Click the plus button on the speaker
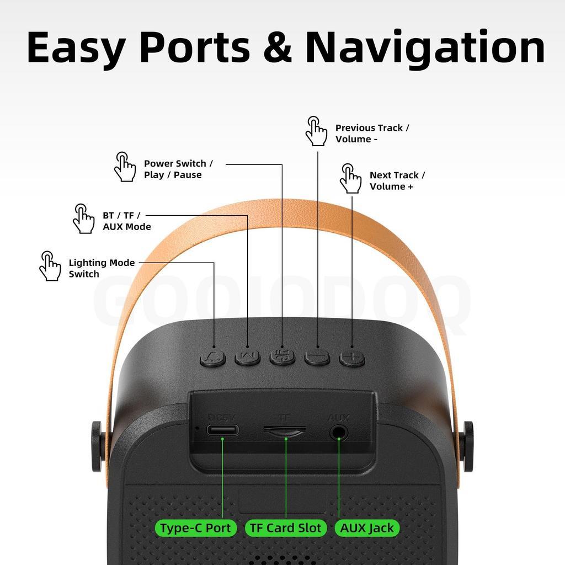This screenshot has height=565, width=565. coord(352,358)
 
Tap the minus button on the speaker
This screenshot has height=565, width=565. coord(317,358)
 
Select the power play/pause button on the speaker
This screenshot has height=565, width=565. coord(282,357)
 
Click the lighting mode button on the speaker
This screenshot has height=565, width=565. coord(213,358)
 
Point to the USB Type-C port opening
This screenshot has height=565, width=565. coord(222,430)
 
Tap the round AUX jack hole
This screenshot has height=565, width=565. coord(339,433)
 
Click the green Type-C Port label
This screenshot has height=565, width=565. coord(195,528)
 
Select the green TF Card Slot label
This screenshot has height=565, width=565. coord(285,528)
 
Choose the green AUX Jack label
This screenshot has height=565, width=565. coord(367,528)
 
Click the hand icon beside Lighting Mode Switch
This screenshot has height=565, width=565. coord(50,266)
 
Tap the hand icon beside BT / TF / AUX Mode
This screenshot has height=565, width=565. coord(83,218)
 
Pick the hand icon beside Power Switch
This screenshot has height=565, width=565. coord(125,167)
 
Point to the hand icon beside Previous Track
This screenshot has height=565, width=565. coord(316,131)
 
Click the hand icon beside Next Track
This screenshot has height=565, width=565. coord(350,178)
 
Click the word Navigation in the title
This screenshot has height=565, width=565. coord(425,49)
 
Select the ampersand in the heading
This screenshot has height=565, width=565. coord(278,47)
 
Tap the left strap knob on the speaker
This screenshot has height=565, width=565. coord(97,446)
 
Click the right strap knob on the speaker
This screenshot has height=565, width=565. coord(468,446)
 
